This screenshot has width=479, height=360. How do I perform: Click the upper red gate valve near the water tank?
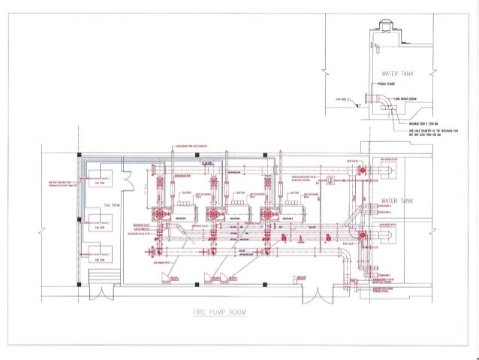[x=363, y=171]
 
